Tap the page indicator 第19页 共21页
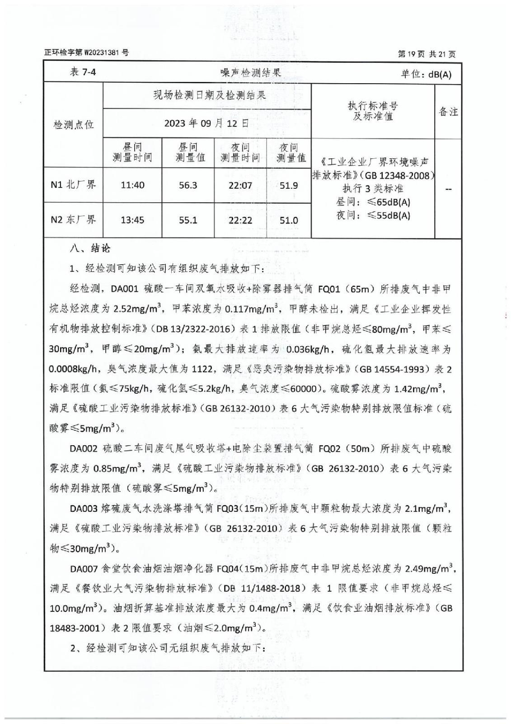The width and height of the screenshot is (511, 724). pyautogui.click(x=426, y=54)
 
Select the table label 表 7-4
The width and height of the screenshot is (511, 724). pyautogui.click(x=83, y=72)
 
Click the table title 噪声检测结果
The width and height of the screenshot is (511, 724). pyautogui.click(x=251, y=72)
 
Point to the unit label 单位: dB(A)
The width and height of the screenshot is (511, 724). pyautogui.click(x=426, y=74)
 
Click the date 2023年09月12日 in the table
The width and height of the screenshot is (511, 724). pyautogui.click(x=206, y=123)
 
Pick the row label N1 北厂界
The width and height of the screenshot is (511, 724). pyautogui.click(x=74, y=185)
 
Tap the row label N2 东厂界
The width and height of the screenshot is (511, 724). pyautogui.click(x=74, y=220)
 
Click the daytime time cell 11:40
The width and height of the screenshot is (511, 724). pyautogui.click(x=132, y=185)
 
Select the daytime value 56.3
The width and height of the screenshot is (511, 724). pyautogui.click(x=188, y=185)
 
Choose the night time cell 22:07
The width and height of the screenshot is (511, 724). pyautogui.click(x=240, y=185)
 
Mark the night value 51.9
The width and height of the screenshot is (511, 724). pyautogui.click(x=289, y=185)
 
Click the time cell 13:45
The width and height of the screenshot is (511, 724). pyautogui.click(x=132, y=220)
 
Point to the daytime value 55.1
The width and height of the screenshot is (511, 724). pyautogui.click(x=188, y=220)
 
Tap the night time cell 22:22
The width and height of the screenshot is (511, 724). pyautogui.click(x=240, y=220)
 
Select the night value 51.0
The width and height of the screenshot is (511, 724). pyautogui.click(x=289, y=220)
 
